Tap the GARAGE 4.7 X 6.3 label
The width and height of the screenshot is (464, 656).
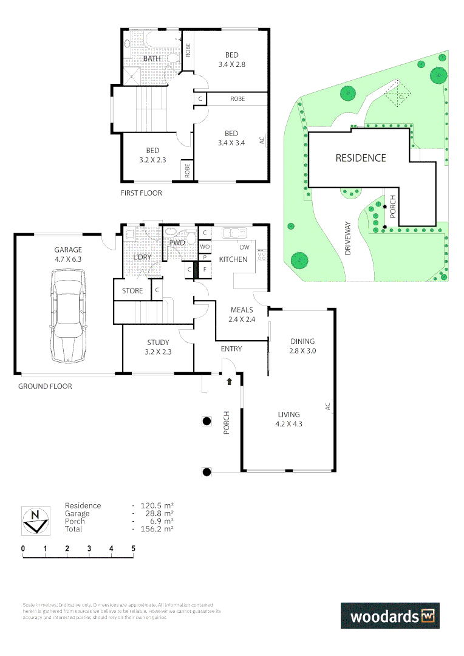coord(67,255)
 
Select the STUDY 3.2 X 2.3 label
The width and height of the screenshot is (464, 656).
coord(157,346)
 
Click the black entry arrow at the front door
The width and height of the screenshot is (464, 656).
coord(229,382)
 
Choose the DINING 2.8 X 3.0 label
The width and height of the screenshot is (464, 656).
coord(302,346)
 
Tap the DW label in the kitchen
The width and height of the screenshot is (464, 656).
coord(244,247)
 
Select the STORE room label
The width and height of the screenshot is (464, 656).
coord(132,291)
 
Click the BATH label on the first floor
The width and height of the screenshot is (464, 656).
coord(152,58)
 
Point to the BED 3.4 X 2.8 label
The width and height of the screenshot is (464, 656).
coord(231,60)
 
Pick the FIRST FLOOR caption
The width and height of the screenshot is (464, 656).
coord(142,193)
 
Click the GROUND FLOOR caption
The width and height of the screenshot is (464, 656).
coord(45,386)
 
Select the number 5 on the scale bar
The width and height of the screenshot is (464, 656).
coord(133,548)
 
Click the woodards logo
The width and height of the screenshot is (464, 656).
coord(389,616)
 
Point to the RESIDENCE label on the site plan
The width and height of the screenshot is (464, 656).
coord(361,158)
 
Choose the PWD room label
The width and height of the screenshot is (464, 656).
coord(177,242)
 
